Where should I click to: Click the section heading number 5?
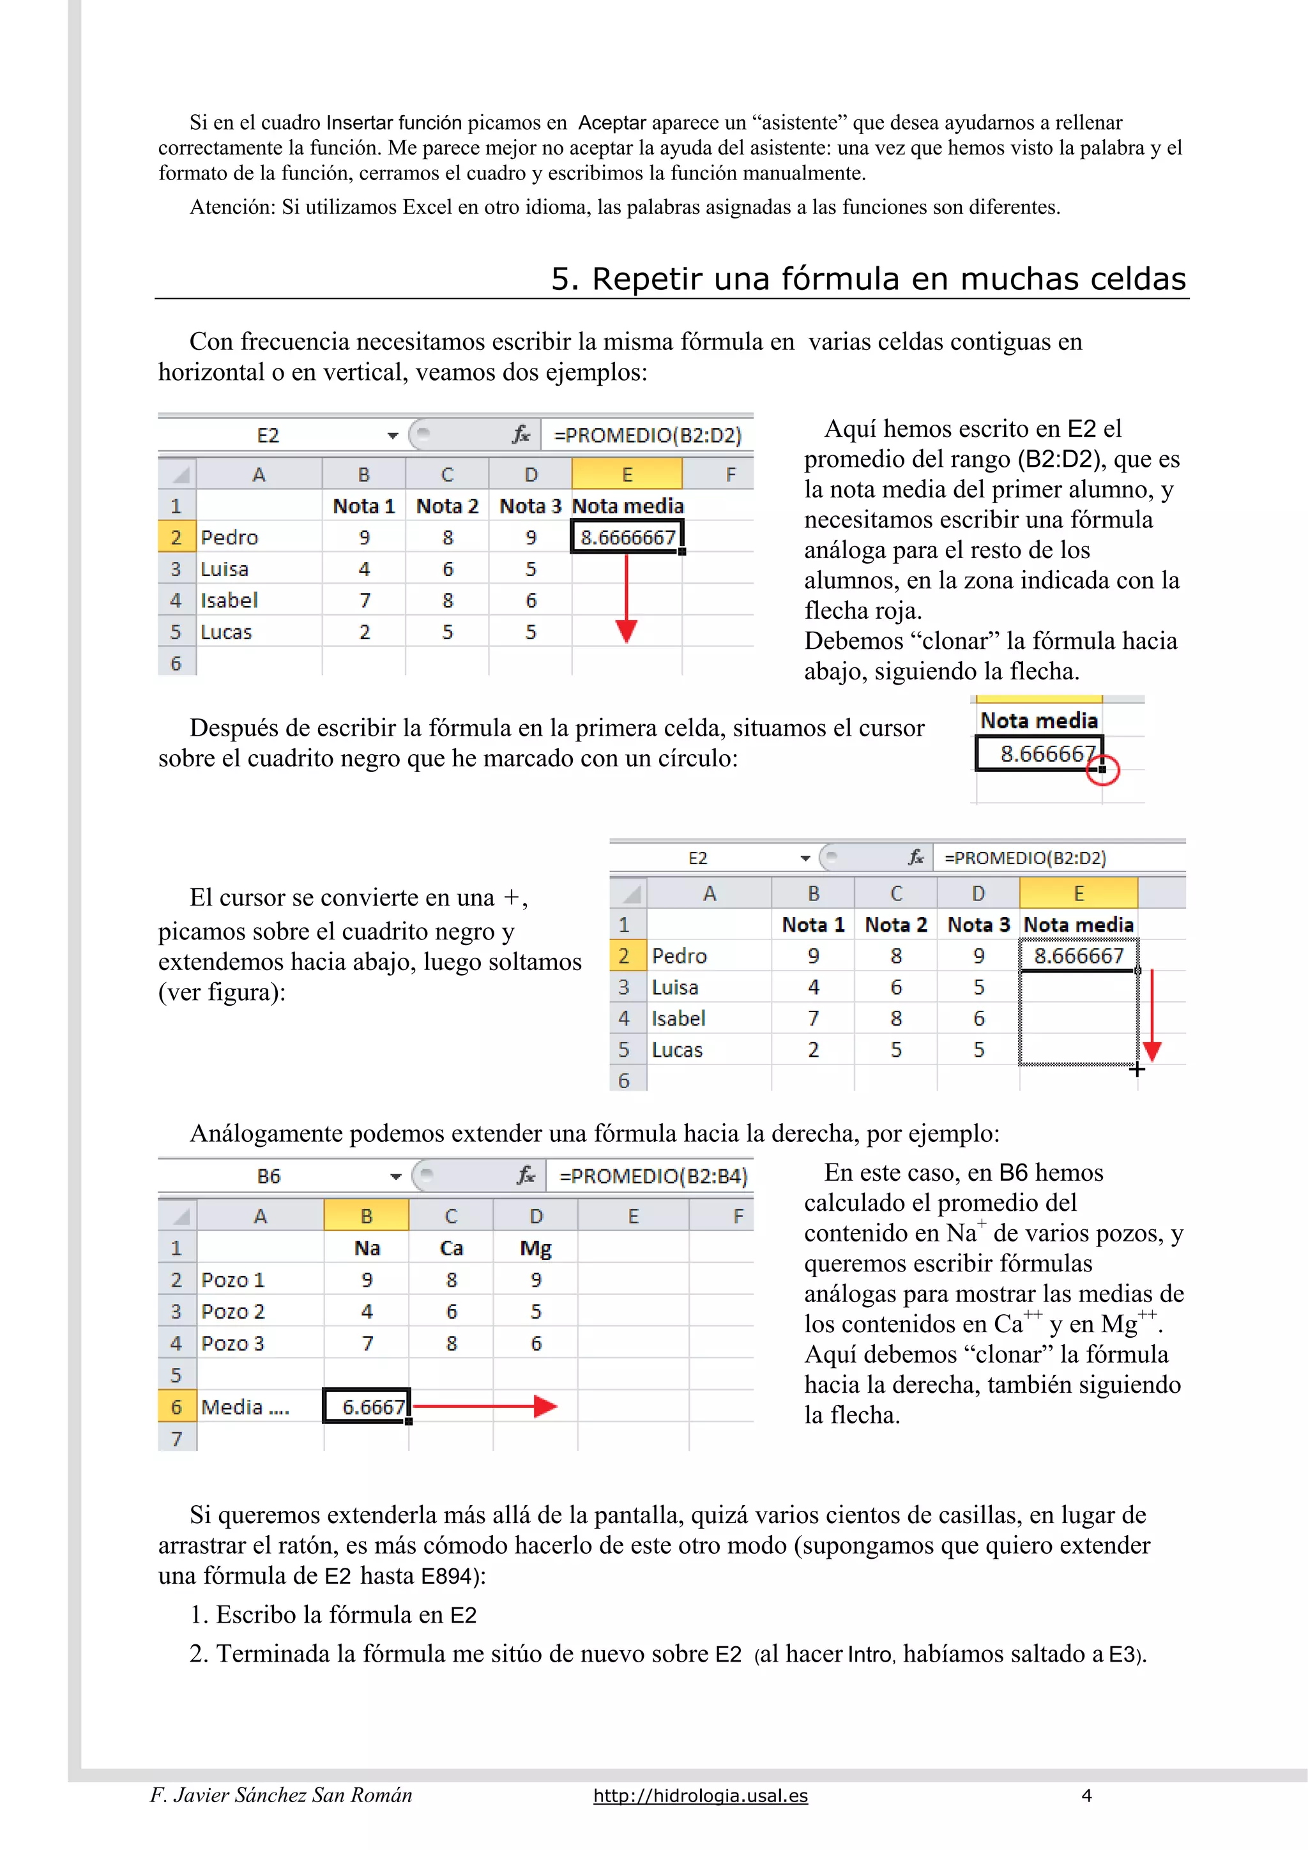(564, 279)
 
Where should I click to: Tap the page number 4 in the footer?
(1086, 1795)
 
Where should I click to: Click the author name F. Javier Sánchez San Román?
(280, 1795)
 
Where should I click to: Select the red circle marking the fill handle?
(1102, 770)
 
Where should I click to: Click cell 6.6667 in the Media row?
(367, 1406)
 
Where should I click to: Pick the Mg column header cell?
(535, 1248)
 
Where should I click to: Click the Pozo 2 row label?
(234, 1311)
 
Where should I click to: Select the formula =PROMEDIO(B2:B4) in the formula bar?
(653, 1176)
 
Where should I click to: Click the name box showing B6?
(268, 1176)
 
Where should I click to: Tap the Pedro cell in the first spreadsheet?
(230, 538)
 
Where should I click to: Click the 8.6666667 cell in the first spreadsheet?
(627, 538)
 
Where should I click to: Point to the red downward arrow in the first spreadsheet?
(626, 600)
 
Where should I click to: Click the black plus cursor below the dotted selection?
(1136, 1069)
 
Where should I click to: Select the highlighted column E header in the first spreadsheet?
(627, 474)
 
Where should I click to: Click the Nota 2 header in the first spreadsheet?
(446, 506)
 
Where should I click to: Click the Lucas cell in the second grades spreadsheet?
(677, 1050)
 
